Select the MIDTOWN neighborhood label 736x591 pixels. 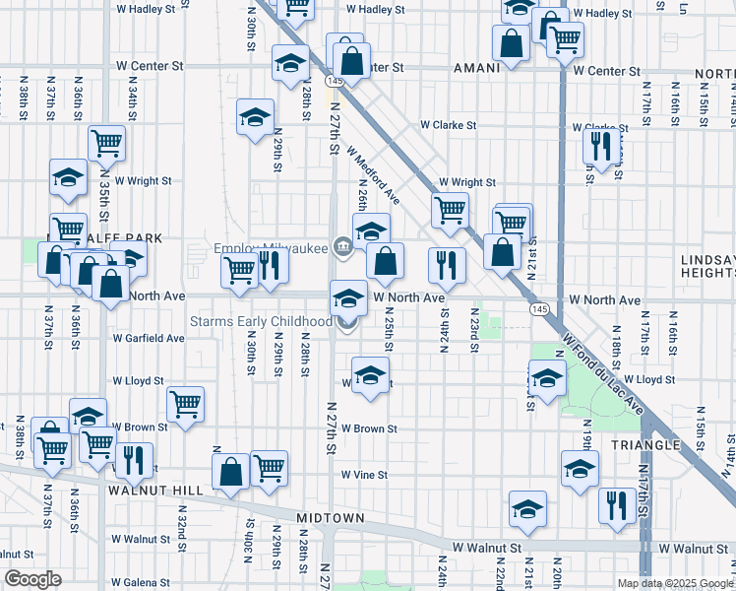pos(332,518)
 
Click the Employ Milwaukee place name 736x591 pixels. pos(271,248)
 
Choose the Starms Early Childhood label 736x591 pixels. pos(261,322)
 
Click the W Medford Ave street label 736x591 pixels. pos(372,176)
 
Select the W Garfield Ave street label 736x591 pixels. pos(148,338)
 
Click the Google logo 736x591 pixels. pos(32,579)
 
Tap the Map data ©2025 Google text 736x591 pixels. pos(675,583)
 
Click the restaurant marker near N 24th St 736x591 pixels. pos(447,265)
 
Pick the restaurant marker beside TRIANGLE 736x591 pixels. pos(617,506)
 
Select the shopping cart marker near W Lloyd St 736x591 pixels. pos(185,404)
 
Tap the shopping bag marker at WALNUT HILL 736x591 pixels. pos(230,472)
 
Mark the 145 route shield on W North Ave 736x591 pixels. pos(538,309)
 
